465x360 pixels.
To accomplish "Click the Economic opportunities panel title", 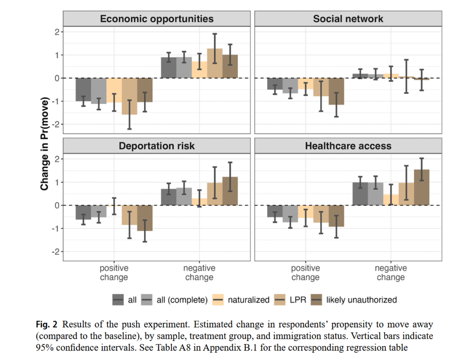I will click(x=157, y=19).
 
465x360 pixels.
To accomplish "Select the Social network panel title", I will click(x=348, y=19).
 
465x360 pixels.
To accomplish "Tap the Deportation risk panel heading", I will click(x=157, y=146).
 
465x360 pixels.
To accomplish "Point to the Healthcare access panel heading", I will click(x=348, y=146).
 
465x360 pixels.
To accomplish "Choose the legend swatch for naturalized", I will click(x=218, y=300).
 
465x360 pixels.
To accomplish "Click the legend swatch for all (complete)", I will click(x=148, y=300).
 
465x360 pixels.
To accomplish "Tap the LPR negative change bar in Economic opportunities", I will click(x=215, y=64).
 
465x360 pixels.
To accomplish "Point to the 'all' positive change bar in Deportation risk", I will click(x=83, y=212).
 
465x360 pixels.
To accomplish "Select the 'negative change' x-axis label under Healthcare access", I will click(x=391, y=273).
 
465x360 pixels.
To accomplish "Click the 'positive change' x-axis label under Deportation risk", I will click(x=114, y=273).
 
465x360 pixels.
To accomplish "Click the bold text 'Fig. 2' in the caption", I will click(x=47, y=324).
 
